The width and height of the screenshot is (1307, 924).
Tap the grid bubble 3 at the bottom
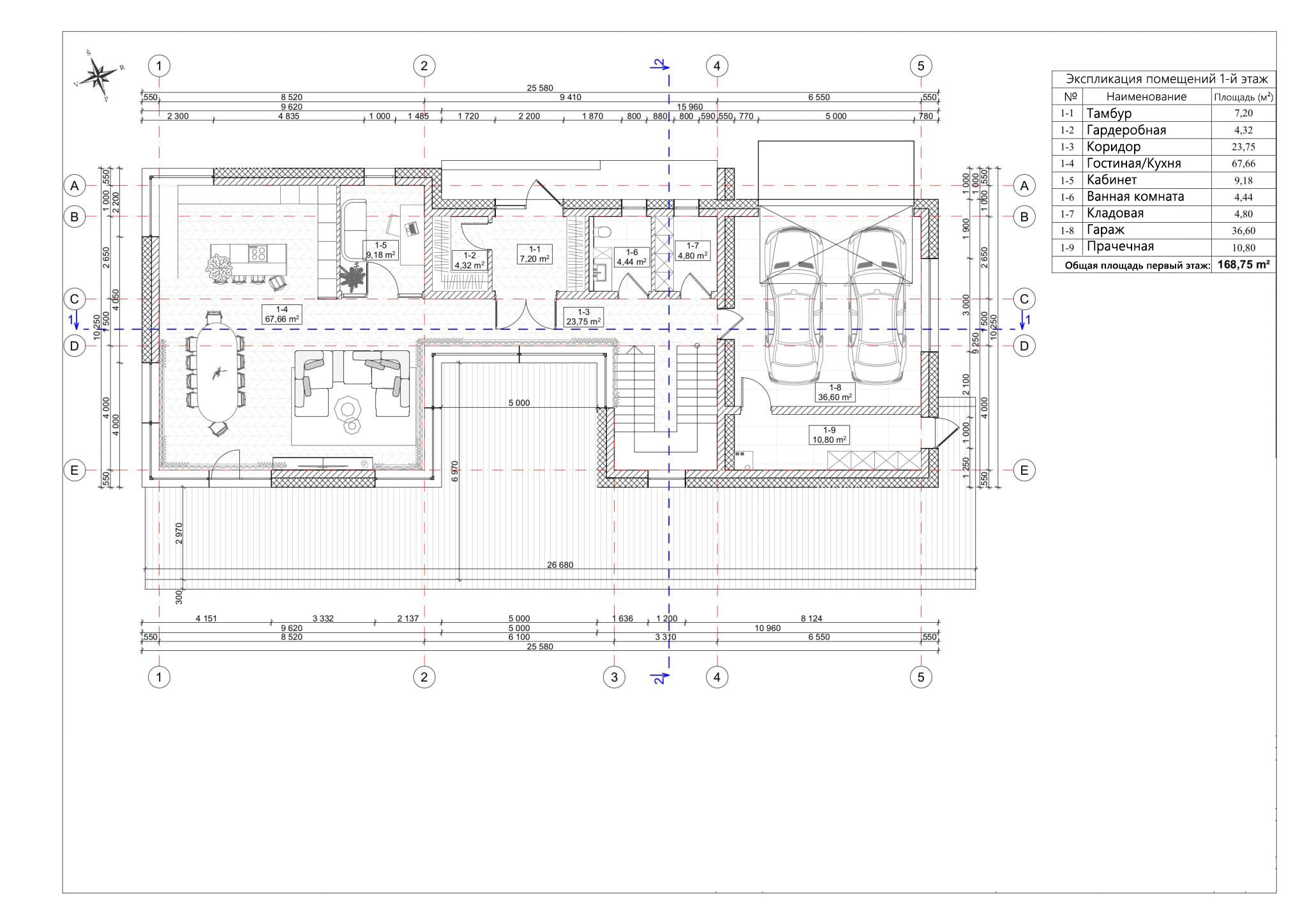point(614,676)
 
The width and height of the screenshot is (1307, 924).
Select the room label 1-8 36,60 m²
point(835,392)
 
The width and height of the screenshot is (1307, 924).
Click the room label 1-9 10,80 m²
point(828,435)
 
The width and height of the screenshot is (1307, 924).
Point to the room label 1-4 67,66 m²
point(281,314)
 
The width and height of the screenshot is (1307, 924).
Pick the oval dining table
point(216,372)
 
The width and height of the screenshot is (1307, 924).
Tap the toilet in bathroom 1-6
point(604,232)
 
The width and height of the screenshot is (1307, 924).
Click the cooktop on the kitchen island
point(258,253)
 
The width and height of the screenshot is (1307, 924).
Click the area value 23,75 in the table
point(1243,147)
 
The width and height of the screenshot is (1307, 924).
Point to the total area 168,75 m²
point(1243,264)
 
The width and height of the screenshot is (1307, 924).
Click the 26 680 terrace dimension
point(560,565)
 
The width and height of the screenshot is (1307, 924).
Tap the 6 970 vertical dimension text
point(454,470)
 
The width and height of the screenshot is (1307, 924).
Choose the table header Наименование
point(1146,96)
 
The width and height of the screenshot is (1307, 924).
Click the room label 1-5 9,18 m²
point(380,250)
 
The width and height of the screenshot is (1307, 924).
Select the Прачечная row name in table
point(1120,247)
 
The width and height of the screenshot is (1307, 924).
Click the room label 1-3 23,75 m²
point(583,317)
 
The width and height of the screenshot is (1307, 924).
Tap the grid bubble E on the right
point(1024,470)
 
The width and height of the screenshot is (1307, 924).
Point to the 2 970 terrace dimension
point(179,533)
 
